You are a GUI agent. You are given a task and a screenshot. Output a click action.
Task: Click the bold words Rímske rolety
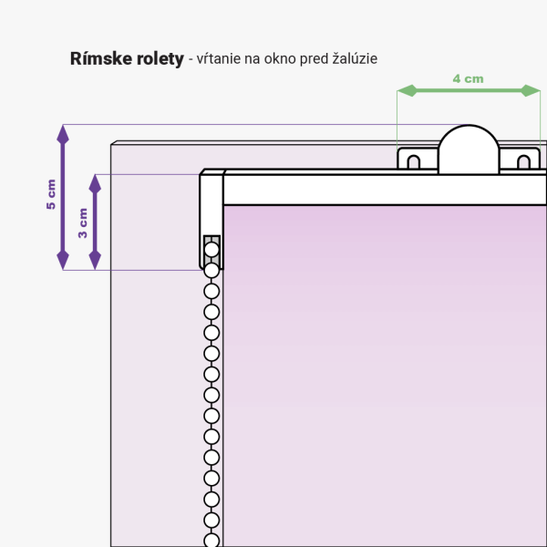[x=127, y=58]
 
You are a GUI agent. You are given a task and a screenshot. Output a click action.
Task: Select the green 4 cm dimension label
[x=469, y=78]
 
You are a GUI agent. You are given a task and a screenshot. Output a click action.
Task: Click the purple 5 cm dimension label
[x=51, y=194]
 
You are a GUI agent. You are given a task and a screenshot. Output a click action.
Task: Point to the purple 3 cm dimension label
[x=83, y=223]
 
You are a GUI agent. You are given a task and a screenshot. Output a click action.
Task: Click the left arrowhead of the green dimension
[x=408, y=90]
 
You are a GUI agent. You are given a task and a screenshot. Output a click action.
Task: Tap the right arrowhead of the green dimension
[x=531, y=90]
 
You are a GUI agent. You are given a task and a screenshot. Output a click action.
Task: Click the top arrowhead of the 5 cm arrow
[x=63, y=135]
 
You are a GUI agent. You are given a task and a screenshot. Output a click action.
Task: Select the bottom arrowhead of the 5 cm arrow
[x=63, y=260]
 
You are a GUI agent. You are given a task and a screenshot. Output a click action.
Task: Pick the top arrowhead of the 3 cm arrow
[x=95, y=184]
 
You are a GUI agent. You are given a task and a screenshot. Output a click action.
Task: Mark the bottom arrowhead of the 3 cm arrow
[x=95, y=260]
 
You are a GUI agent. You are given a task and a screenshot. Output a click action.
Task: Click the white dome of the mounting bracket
[x=469, y=150]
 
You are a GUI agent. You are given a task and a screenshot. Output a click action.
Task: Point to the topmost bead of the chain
[x=212, y=250]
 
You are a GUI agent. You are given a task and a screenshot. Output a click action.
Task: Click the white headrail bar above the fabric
[x=385, y=190]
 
